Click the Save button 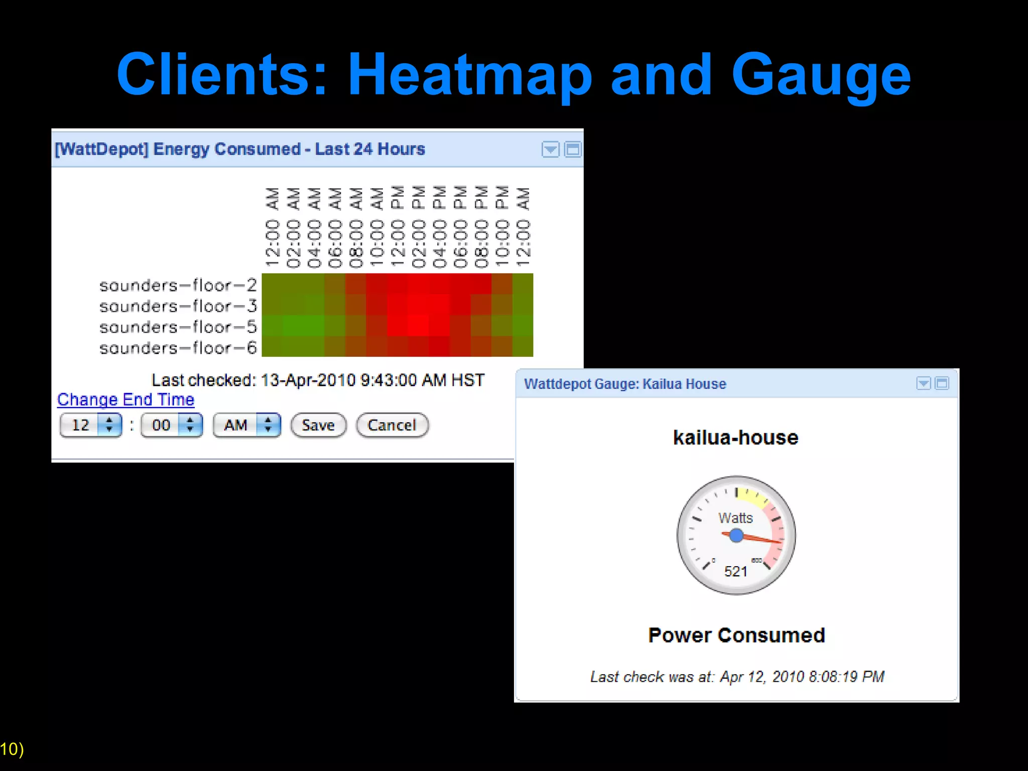pyautogui.click(x=318, y=425)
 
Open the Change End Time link pyautogui.click(x=125, y=400)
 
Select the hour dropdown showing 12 pyautogui.click(x=91, y=425)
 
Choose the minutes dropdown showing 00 pyautogui.click(x=172, y=425)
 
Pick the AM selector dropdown pyautogui.click(x=246, y=425)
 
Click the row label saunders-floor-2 pyautogui.click(x=178, y=285)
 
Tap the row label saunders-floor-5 pyautogui.click(x=178, y=327)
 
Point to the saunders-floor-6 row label pyautogui.click(x=178, y=348)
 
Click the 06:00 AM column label pyautogui.click(x=335, y=228)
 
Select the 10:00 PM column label pyautogui.click(x=502, y=228)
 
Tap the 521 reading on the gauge pyautogui.click(x=735, y=571)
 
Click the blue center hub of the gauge pyautogui.click(x=736, y=536)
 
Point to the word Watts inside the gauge pyautogui.click(x=735, y=518)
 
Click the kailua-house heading pyautogui.click(x=735, y=438)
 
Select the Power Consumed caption pyautogui.click(x=736, y=635)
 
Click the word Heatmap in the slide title pyautogui.click(x=469, y=75)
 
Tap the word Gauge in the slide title pyautogui.click(x=821, y=75)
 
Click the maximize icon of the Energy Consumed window pyautogui.click(x=573, y=149)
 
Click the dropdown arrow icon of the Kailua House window pyautogui.click(x=923, y=383)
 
